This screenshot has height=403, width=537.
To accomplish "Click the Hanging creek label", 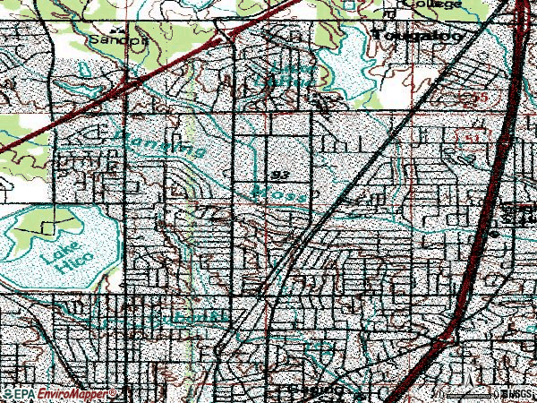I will [x=162, y=143].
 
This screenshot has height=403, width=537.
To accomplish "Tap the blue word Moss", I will [x=272, y=193].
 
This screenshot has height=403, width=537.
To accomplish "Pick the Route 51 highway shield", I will [x=468, y=133].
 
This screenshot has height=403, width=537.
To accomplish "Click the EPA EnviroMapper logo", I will [x=59, y=394].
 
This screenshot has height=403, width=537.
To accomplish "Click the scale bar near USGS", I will [x=465, y=394].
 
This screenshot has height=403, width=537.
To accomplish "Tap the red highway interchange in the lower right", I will [x=445, y=340].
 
